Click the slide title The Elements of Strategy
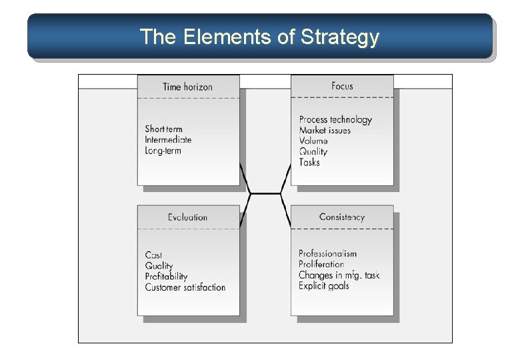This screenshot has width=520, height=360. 259,37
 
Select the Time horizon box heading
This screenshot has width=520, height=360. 187,87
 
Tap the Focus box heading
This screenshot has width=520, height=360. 342,86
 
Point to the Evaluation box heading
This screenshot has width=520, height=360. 187,217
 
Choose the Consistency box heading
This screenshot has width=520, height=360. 342,217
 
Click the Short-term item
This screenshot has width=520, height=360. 163,129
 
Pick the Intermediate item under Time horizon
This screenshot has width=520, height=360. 168,140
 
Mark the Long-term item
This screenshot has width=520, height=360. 163,151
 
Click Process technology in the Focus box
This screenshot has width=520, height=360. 335,120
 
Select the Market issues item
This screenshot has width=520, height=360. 325,131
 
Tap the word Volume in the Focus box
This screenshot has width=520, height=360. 313,141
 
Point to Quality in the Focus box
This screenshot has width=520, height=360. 313,151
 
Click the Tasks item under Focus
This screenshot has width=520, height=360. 309,162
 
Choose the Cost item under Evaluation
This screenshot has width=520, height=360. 153,255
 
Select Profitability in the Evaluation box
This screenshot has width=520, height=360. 166,277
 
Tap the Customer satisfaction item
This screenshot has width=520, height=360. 185,287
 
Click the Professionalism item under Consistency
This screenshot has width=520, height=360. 327,253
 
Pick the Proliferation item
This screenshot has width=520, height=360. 321,265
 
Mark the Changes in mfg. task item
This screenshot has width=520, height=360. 339,275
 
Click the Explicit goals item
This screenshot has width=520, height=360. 323,286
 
